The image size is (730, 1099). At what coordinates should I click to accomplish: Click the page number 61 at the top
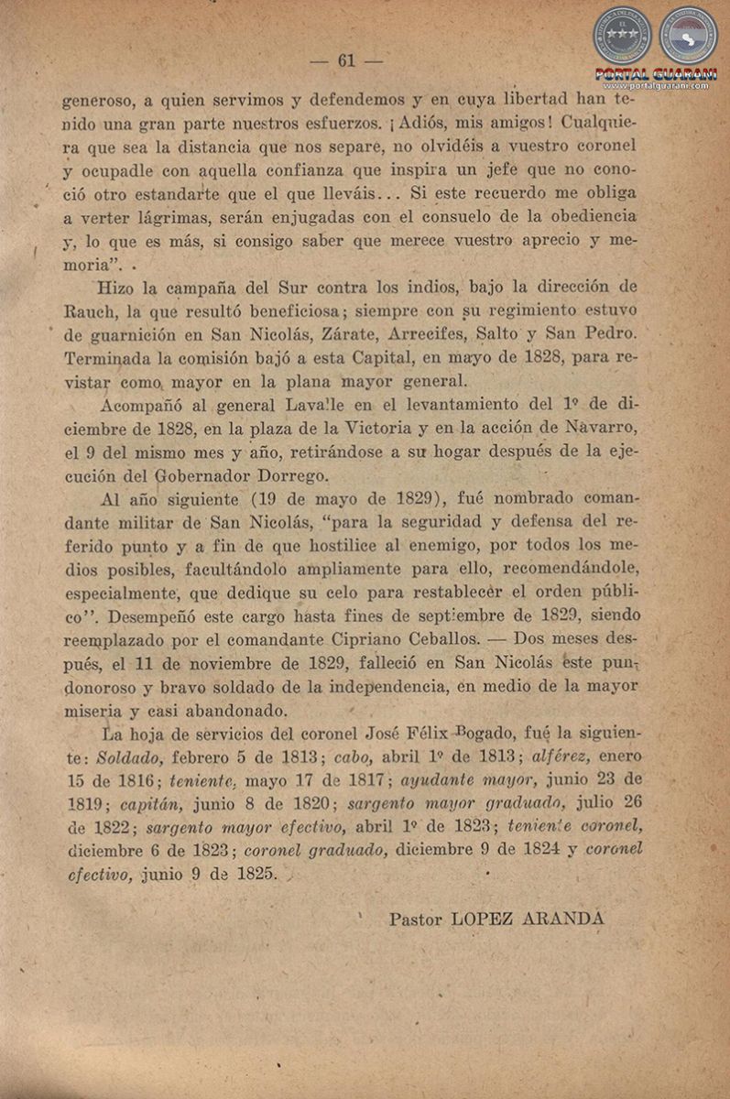tap(346, 61)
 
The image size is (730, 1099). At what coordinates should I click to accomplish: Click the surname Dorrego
tap(281, 475)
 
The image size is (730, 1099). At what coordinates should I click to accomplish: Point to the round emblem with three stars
tap(622, 35)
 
